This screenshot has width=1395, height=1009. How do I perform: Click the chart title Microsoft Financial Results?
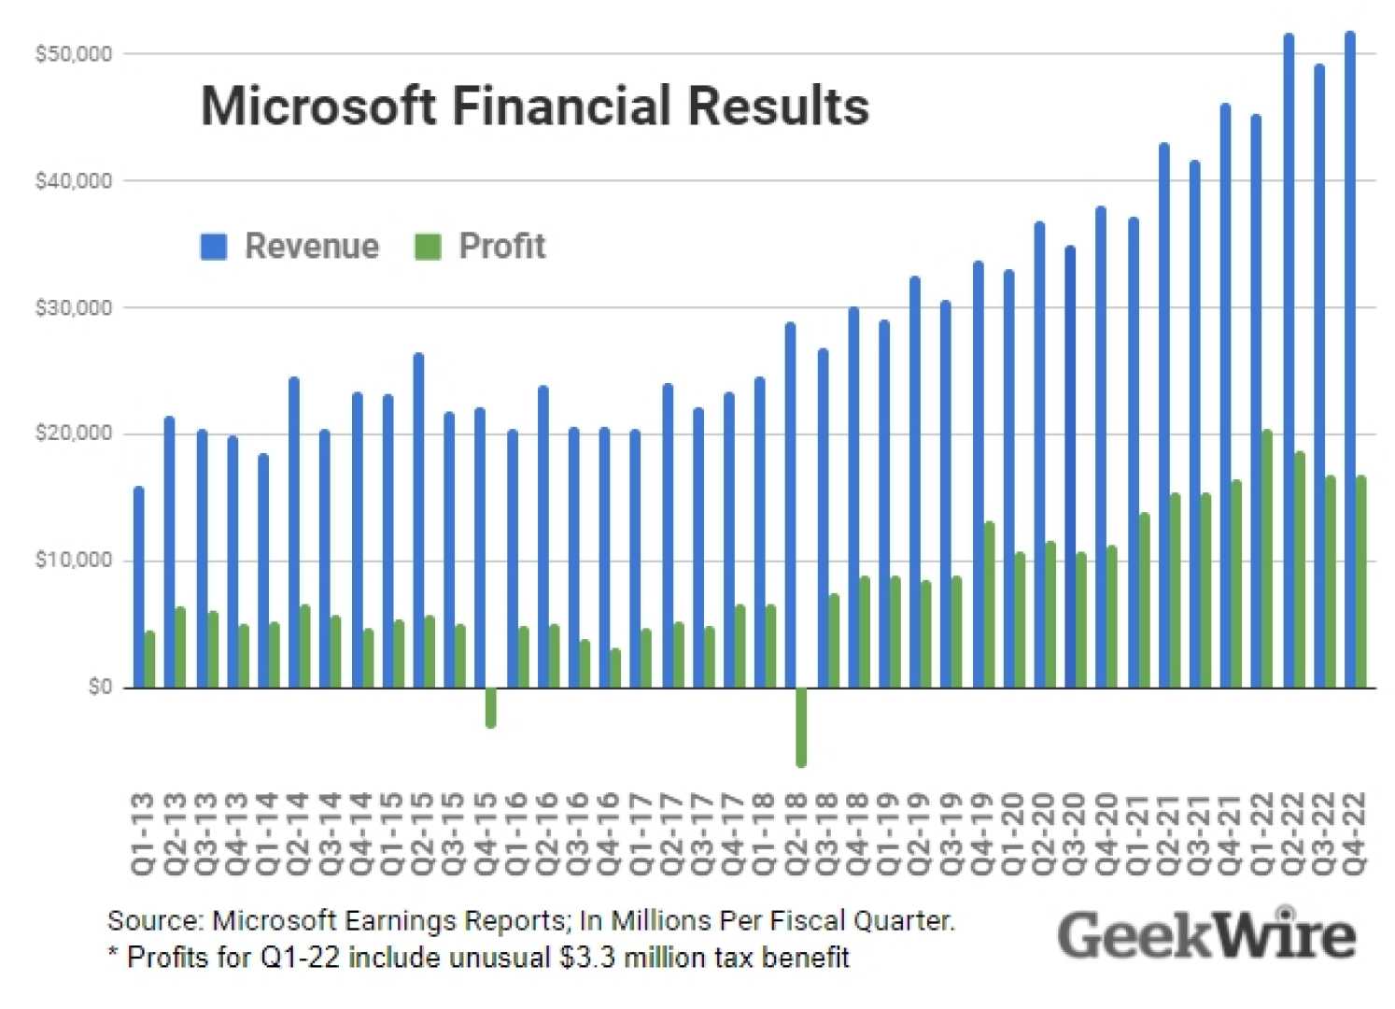point(534,106)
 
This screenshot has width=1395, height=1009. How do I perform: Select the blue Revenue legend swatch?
point(214,247)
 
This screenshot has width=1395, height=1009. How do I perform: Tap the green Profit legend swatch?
point(428,247)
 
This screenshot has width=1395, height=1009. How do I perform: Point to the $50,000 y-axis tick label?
point(73,54)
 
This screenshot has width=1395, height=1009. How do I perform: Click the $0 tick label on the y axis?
point(99,688)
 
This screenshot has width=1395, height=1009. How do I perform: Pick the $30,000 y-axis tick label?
point(73,307)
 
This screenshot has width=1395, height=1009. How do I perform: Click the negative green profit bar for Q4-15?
point(491,707)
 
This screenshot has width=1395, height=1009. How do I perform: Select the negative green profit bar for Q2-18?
point(801,727)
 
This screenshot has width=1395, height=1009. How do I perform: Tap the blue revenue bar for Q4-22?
point(1349,360)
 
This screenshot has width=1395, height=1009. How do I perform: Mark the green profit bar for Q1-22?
point(1267,559)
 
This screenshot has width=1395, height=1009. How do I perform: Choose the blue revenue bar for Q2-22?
point(1289,361)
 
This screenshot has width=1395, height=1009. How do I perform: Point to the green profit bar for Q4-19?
point(989,604)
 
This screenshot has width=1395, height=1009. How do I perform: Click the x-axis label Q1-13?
point(142,833)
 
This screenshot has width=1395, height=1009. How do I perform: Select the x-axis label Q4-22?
point(1353,833)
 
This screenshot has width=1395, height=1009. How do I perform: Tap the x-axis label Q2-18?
point(796,833)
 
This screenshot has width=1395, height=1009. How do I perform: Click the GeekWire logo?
point(1205,934)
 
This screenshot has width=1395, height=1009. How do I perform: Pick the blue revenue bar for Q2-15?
point(418,520)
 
